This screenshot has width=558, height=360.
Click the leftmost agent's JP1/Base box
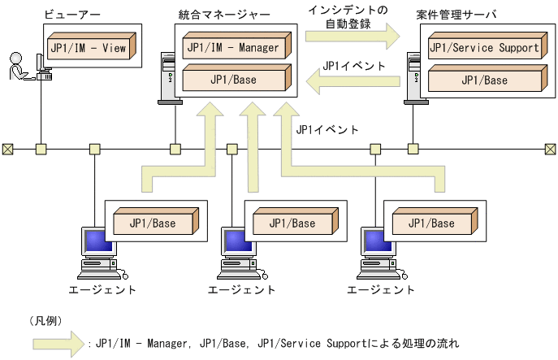[154, 222]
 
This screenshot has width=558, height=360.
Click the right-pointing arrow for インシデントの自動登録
[353, 36]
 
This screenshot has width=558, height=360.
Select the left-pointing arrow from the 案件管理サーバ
[353, 80]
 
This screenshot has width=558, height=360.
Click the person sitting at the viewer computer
[17, 68]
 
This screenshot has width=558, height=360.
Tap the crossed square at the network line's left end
[7, 149]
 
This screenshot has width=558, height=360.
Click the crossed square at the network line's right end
[550, 149]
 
